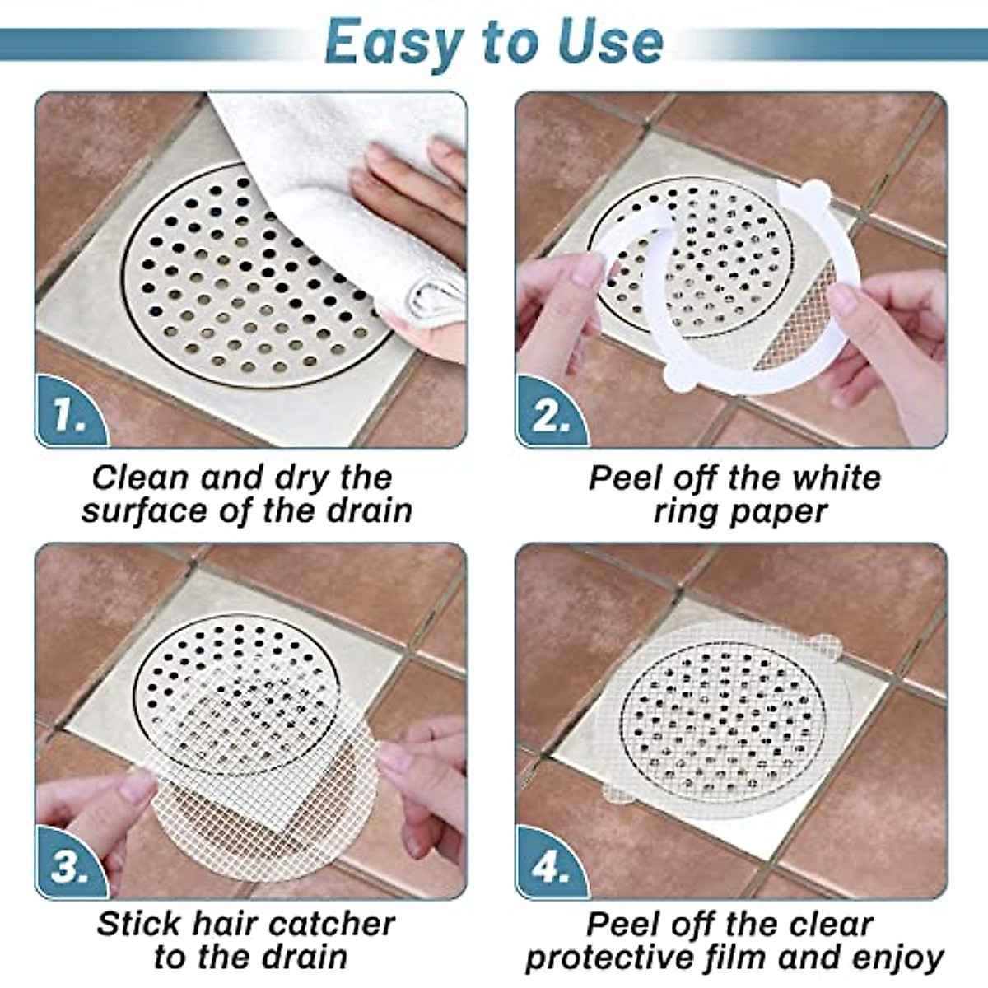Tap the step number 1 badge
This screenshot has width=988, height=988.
[x=69, y=416]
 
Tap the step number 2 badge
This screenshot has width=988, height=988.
[x=550, y=416]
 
